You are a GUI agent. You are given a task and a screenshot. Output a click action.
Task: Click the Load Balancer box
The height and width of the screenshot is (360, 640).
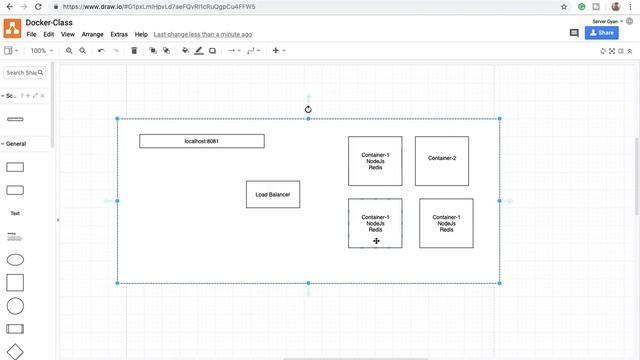[x=272, y=194]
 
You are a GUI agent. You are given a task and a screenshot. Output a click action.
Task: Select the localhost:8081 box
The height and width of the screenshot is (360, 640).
[x=201, y=141]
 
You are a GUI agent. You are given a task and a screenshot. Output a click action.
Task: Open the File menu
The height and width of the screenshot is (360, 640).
[x=32, y=34]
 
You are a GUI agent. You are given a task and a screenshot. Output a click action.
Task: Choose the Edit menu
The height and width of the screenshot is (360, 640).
[x=49, y=34]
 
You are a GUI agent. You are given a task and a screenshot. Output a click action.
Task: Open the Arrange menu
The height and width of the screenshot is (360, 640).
[x=92, y=34]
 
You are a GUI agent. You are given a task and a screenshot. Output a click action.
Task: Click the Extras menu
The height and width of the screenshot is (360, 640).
[x=120, y=34]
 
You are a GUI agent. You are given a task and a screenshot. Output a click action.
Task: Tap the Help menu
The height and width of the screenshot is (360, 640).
[x=141, y=34]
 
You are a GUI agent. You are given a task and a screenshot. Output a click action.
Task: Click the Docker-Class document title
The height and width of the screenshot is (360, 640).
[x=49, y=22]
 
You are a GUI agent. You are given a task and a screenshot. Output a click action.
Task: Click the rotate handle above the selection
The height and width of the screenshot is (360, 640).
[x=308, y=110]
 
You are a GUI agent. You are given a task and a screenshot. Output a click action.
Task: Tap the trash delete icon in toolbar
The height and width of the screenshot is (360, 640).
[x=134, y=50]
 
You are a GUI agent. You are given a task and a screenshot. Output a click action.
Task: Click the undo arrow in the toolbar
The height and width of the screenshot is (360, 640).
[x=101, y=50]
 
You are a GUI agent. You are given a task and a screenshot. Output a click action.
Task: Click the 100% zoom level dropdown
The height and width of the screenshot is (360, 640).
[x=40, y=50]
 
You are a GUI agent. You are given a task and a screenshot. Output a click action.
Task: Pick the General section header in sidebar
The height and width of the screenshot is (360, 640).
[x=16, y=144]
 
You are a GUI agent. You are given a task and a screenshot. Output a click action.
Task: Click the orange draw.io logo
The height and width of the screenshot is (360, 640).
[x=12, y=27]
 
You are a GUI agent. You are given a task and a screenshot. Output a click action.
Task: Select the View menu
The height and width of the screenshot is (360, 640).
[x=68, y=34]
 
